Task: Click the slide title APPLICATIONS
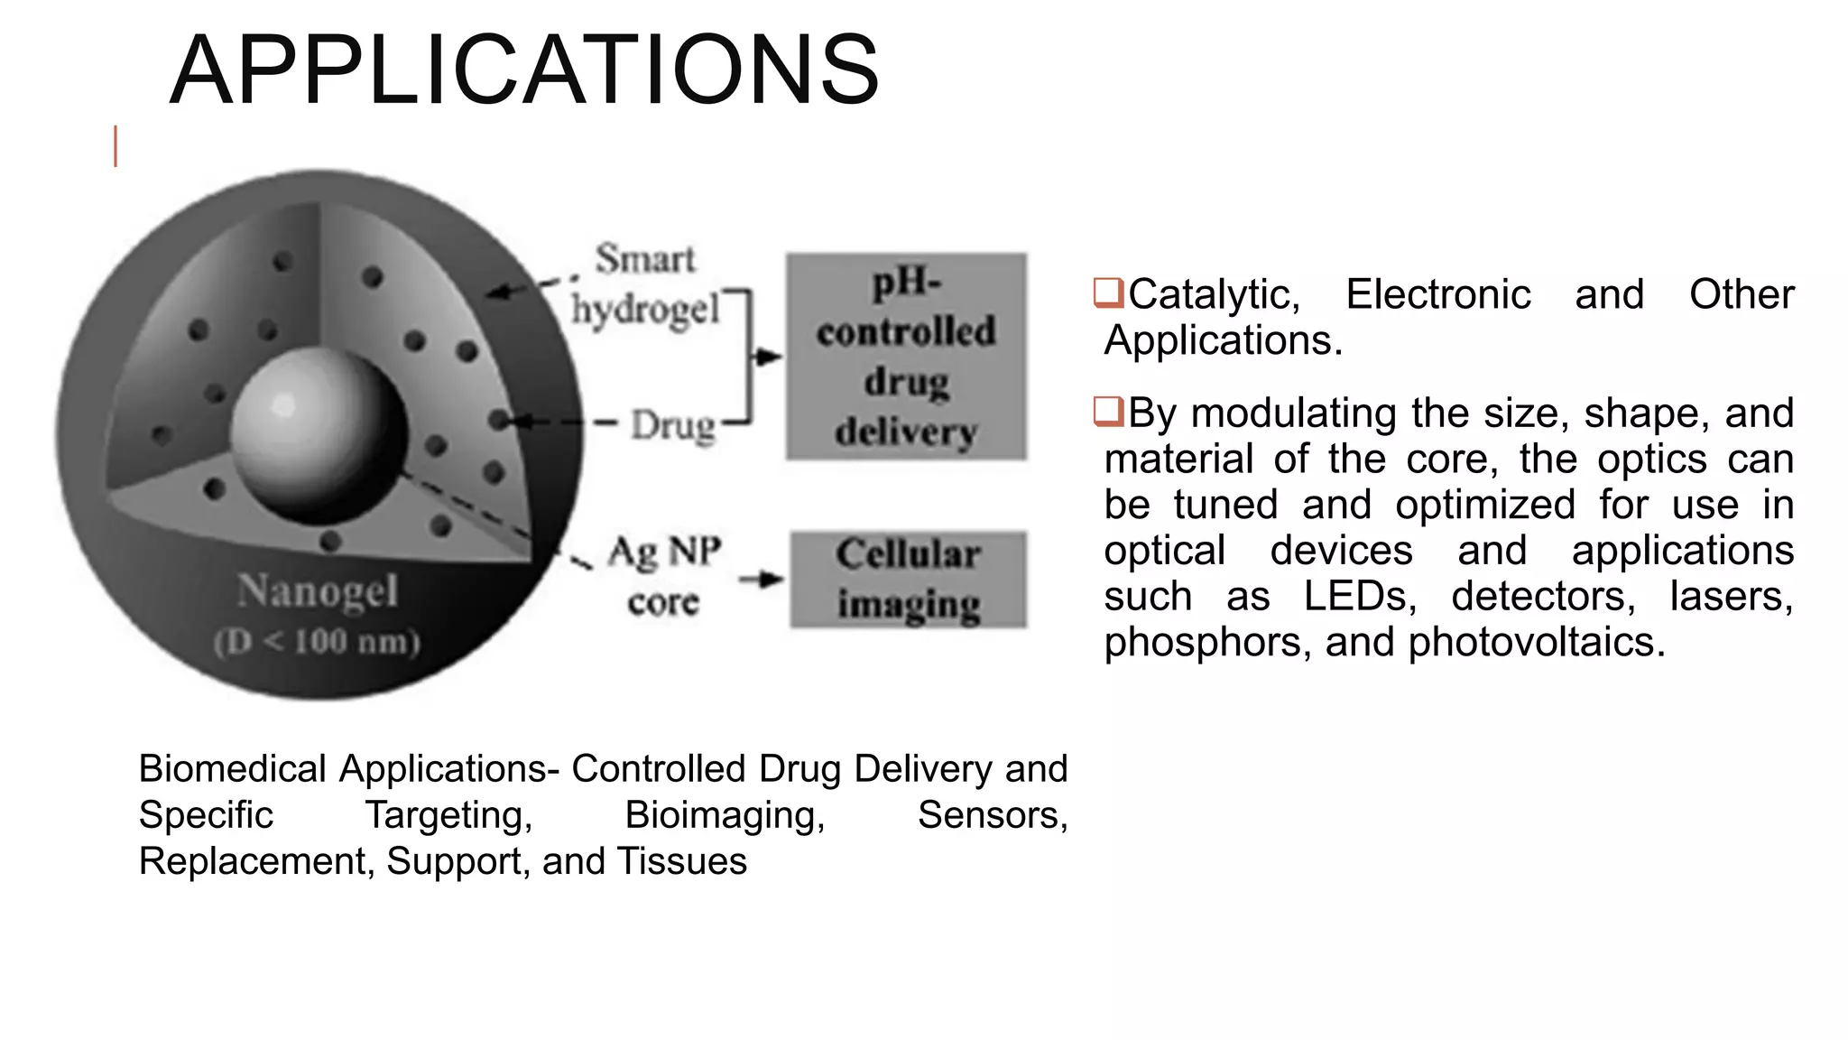(x=523, y=70)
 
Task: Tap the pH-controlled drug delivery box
(x=906, y=357)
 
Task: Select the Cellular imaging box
(x=908, y=579)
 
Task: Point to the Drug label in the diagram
(x=672, y=425)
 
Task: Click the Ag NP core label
(x=664, y=576)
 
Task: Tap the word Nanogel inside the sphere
(x=317, y=591)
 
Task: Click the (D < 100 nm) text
(x=317, y=642)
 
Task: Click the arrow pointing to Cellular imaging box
(x=761, y=579)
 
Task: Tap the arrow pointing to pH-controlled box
(x=766, y=357)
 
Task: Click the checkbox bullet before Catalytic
(x=1108, y=293)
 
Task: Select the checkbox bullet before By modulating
(x=1108, y=412)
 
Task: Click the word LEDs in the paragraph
(x=1360, y=596)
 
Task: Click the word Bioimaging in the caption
(x=725, y=815)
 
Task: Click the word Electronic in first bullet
(x=1437, y=294)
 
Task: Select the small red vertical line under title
(x=115, y=147)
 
